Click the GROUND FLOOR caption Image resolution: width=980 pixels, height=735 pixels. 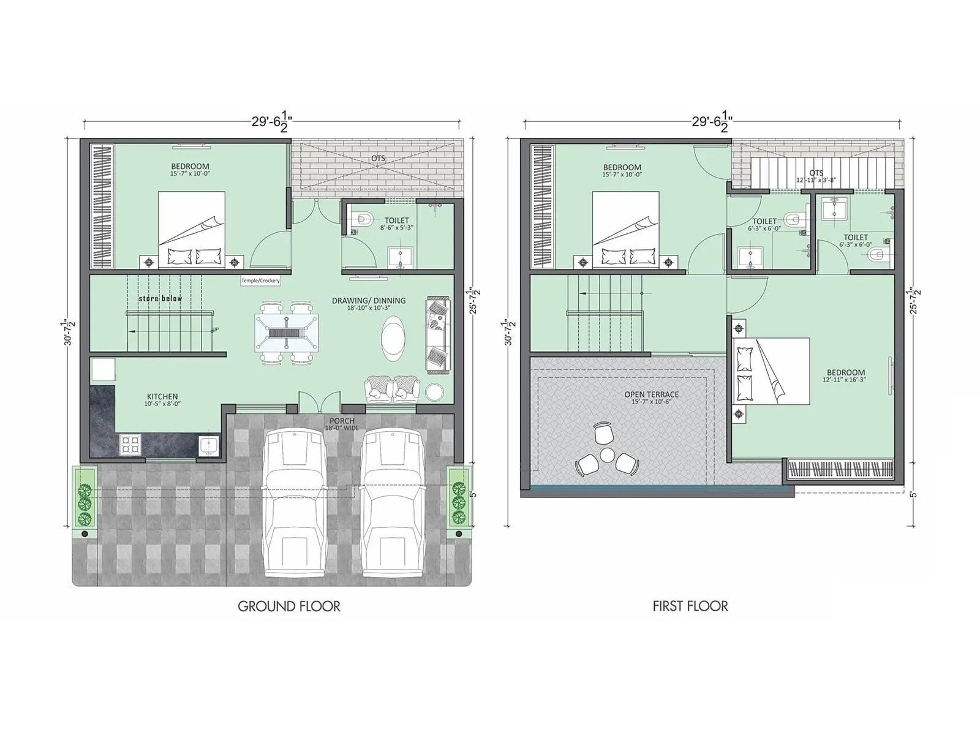(288, 606)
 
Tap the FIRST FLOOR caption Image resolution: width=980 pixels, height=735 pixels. (690, 606)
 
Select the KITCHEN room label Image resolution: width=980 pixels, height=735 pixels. (162, 397)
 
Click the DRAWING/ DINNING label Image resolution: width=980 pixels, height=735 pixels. (369, 301)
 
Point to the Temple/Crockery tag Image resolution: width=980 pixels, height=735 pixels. (260, 281)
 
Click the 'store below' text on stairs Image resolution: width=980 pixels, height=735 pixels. (160, 298)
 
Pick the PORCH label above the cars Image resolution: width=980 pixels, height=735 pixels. (342, 421)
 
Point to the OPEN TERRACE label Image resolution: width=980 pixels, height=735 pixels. (652, 394)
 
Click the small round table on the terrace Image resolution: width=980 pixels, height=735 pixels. (607, 454)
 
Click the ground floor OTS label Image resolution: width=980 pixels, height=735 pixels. (378, 158)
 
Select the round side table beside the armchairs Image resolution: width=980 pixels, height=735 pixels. (435, 391)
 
